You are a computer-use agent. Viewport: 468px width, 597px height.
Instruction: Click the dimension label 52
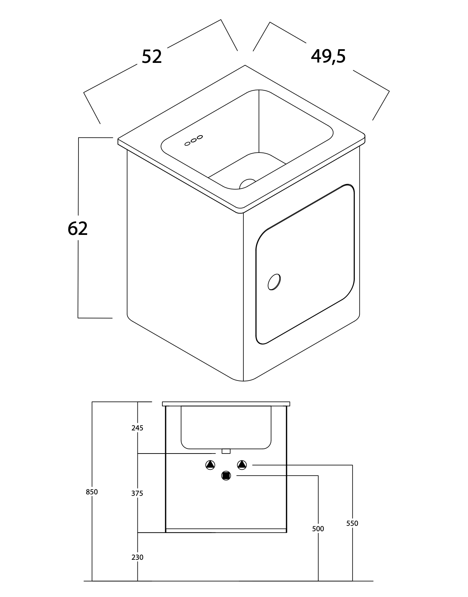[152, 57]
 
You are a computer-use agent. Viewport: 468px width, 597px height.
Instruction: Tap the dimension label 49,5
[328, 56]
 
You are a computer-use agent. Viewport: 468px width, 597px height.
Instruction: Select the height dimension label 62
[77, 228]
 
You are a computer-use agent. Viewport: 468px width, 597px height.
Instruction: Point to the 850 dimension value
[92, 492]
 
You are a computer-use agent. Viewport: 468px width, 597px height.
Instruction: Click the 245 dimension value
[137, 428]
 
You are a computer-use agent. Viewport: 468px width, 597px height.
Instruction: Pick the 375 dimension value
[137, 494]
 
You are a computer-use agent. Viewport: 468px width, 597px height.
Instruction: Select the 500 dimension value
[318, 529]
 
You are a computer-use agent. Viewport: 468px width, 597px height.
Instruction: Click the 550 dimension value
[352, 524]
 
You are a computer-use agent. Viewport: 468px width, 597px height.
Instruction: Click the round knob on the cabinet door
[274, 282]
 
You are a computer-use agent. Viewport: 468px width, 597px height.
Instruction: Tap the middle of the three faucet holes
[193, 140]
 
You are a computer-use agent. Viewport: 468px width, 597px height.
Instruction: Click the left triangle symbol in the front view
[210, 465]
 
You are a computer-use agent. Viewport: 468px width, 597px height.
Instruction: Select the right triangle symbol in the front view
[242, 465]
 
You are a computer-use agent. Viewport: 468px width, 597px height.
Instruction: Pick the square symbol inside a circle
[226, 476]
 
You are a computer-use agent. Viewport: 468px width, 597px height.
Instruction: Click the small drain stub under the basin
[226, 451]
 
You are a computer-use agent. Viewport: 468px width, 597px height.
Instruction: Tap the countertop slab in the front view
[226, 404]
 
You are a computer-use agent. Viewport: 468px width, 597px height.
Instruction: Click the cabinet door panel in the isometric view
[305, 264]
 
